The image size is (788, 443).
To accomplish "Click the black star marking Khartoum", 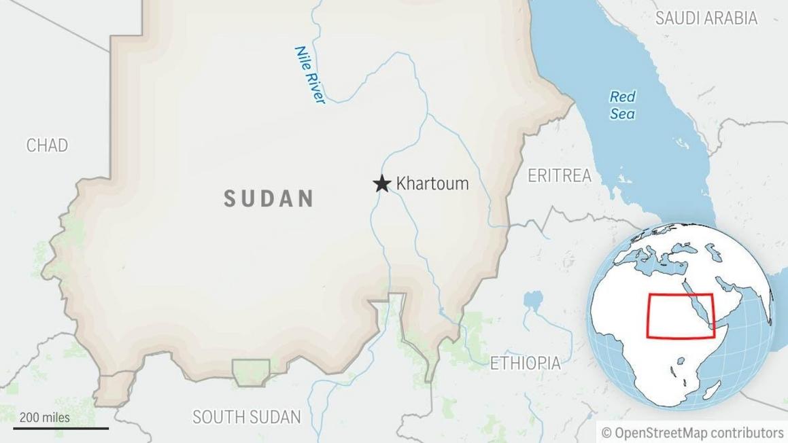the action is pyautogui.click(x=382, y=183).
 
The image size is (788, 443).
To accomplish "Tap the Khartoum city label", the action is pyautogui.click(x=432, y=183).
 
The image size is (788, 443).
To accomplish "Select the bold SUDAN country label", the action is pyautogui.click(x=269, y=198).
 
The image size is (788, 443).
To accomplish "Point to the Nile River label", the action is pyautogui.click(x=310, y=75).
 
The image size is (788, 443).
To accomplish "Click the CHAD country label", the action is pyautogui.click(x=47, y=145).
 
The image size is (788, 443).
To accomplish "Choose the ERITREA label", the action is pyautogui.click(x=560, y=176).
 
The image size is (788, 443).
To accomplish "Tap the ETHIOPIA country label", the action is pyautogui.click(x=526, y=363).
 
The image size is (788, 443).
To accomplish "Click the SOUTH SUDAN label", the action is pyautogui.click(x=246, y=417).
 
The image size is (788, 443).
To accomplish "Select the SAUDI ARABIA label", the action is pyautogui.click(x=706, y=18).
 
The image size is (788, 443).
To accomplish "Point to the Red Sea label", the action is pyautogui.click(x=622, y=105).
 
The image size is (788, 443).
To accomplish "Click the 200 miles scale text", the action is pyautogui.click(x=45, y=418).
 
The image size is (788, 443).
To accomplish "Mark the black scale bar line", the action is pyautogui.click(x=61, y=428).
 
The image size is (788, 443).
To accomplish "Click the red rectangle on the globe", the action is pyautogui.click(x=680, y=315).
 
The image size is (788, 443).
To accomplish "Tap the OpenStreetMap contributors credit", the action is pyautogui.click(x=693, y=433).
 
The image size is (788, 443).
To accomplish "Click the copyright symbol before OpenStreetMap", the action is pyautogui.click(x=606, y=433).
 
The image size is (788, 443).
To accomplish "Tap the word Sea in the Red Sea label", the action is pyautogui.click(x=622, y=113).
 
